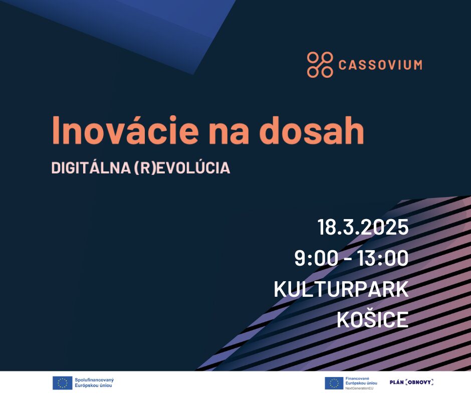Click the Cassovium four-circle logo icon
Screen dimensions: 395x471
[x=320, y=65]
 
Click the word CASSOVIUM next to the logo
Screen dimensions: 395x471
[x=380, y=65]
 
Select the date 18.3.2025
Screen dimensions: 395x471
[x=363, y=227]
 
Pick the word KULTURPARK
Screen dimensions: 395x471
[x=341, y=289]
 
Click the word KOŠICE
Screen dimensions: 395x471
[x=372, y=320]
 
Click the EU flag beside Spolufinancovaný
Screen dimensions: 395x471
[x=62, y=383]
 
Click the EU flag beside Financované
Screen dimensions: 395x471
[x=334, y=383]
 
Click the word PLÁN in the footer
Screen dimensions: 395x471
[x=397, y=382]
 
